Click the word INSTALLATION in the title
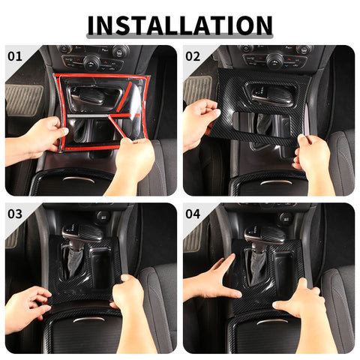click(x=179, y=25)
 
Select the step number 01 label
click(x=15, y=55)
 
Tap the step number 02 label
click(x=193, y=55)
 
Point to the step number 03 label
click(x=15, y=214)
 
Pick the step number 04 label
click(x=193, y=214)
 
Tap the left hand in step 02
click(x=199, y=120)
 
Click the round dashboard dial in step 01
click(x=92, y=61)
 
